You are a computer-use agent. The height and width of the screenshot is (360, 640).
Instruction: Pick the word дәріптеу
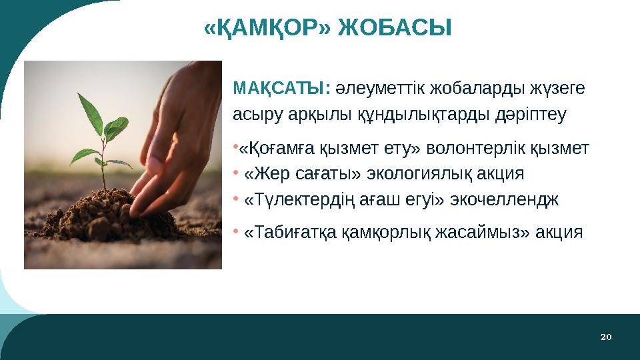[x=531, y=115]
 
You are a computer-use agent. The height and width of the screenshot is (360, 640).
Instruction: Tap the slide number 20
[x=605, y=337]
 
